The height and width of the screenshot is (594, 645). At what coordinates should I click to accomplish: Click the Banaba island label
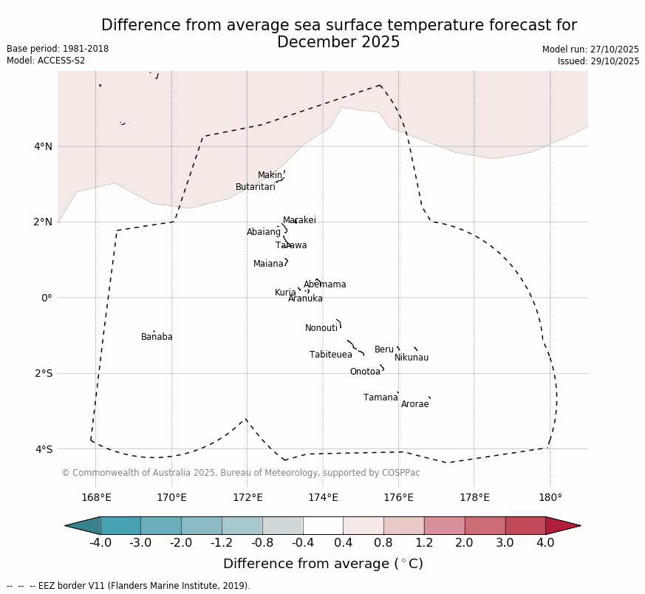(157, 338)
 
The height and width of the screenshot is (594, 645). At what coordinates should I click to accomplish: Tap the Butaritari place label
(255, 188)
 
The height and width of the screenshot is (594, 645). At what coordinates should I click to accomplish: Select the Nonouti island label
(321, 329)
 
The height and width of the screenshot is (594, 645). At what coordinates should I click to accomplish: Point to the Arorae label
(414, 405)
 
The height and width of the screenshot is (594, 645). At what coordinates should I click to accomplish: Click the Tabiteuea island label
(331, 355)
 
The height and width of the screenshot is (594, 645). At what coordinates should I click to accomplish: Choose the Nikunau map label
(412, 358)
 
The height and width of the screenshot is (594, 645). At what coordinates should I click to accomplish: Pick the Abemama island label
(325, 285)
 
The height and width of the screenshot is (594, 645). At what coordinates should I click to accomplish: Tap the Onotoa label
(365, 372)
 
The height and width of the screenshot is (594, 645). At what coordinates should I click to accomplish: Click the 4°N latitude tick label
(43, 146)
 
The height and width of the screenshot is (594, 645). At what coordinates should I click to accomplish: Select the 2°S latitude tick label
(43, 374)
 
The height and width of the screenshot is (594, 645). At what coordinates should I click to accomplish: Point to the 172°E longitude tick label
(248, 497)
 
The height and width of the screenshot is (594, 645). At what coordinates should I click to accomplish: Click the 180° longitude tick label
(550, 497)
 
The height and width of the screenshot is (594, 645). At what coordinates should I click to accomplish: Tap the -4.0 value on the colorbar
(100, 543)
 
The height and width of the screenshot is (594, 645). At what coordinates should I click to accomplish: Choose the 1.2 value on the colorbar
(424, 543)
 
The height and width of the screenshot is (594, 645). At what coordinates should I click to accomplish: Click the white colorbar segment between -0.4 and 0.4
(323, 525)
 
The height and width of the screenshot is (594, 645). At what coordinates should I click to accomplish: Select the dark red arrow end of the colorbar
(562, 525)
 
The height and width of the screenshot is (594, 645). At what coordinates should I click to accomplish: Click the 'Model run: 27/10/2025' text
(590, 49)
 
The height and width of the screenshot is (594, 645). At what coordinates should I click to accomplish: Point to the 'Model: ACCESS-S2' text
(46, 61)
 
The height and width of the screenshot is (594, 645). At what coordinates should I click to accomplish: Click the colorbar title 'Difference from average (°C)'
(323, 564)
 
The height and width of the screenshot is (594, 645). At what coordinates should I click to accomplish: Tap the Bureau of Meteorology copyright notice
(240, 473)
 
